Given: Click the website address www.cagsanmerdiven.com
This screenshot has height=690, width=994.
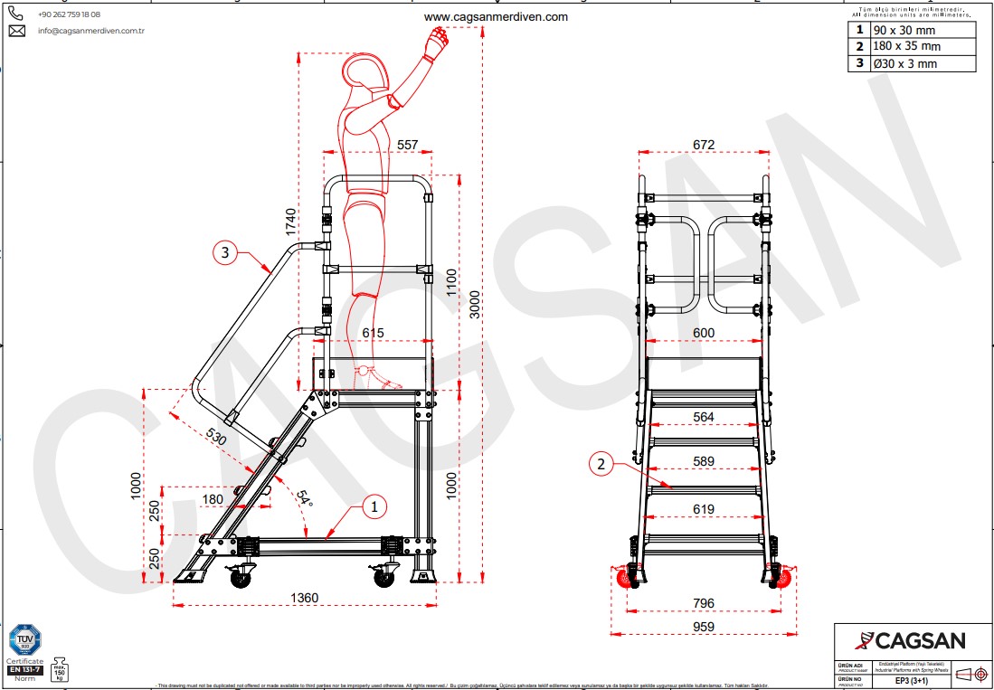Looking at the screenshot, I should pos(496,16).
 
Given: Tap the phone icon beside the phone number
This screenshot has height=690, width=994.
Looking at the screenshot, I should pos(17,14).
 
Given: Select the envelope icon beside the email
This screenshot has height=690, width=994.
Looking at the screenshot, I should pos(17,31).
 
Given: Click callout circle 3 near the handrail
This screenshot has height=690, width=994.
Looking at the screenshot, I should pos(226,252).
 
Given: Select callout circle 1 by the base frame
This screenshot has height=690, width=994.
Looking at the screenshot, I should pos(374,507).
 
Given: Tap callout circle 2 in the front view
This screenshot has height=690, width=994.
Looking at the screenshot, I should pos(600,465).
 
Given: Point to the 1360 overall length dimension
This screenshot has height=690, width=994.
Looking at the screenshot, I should pos(305,599).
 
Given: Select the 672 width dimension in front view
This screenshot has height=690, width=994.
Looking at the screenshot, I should pos(704,145).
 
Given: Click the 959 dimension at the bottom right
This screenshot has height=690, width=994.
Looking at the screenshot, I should pos(704,627).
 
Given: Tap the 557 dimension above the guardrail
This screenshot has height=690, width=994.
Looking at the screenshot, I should pos(408,145).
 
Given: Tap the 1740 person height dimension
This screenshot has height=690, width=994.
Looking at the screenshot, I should pos(290,222).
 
